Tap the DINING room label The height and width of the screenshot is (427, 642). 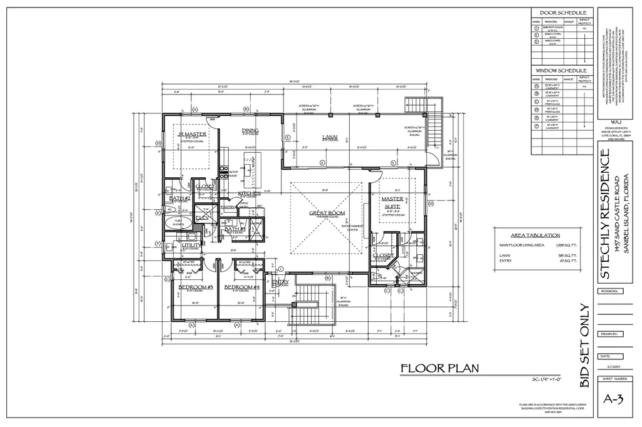pyautogui.click(x=250, y=130)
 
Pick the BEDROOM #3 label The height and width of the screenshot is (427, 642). pyautogui.click(x=196, y=287)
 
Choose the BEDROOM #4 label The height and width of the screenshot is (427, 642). pyautogui.click(x=241, y=287)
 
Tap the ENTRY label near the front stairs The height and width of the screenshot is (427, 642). pyautogui.click(x=280, y=282)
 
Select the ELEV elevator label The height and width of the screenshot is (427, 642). pyautogui.click(x=203, y=218)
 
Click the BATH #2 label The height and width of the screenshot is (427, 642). pyautogui.click(x=180, y=198)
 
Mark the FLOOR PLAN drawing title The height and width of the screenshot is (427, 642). pyautogui.click(x=439, y=368)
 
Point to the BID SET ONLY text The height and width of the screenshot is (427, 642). pyautogui.click(x=584, y=346)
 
